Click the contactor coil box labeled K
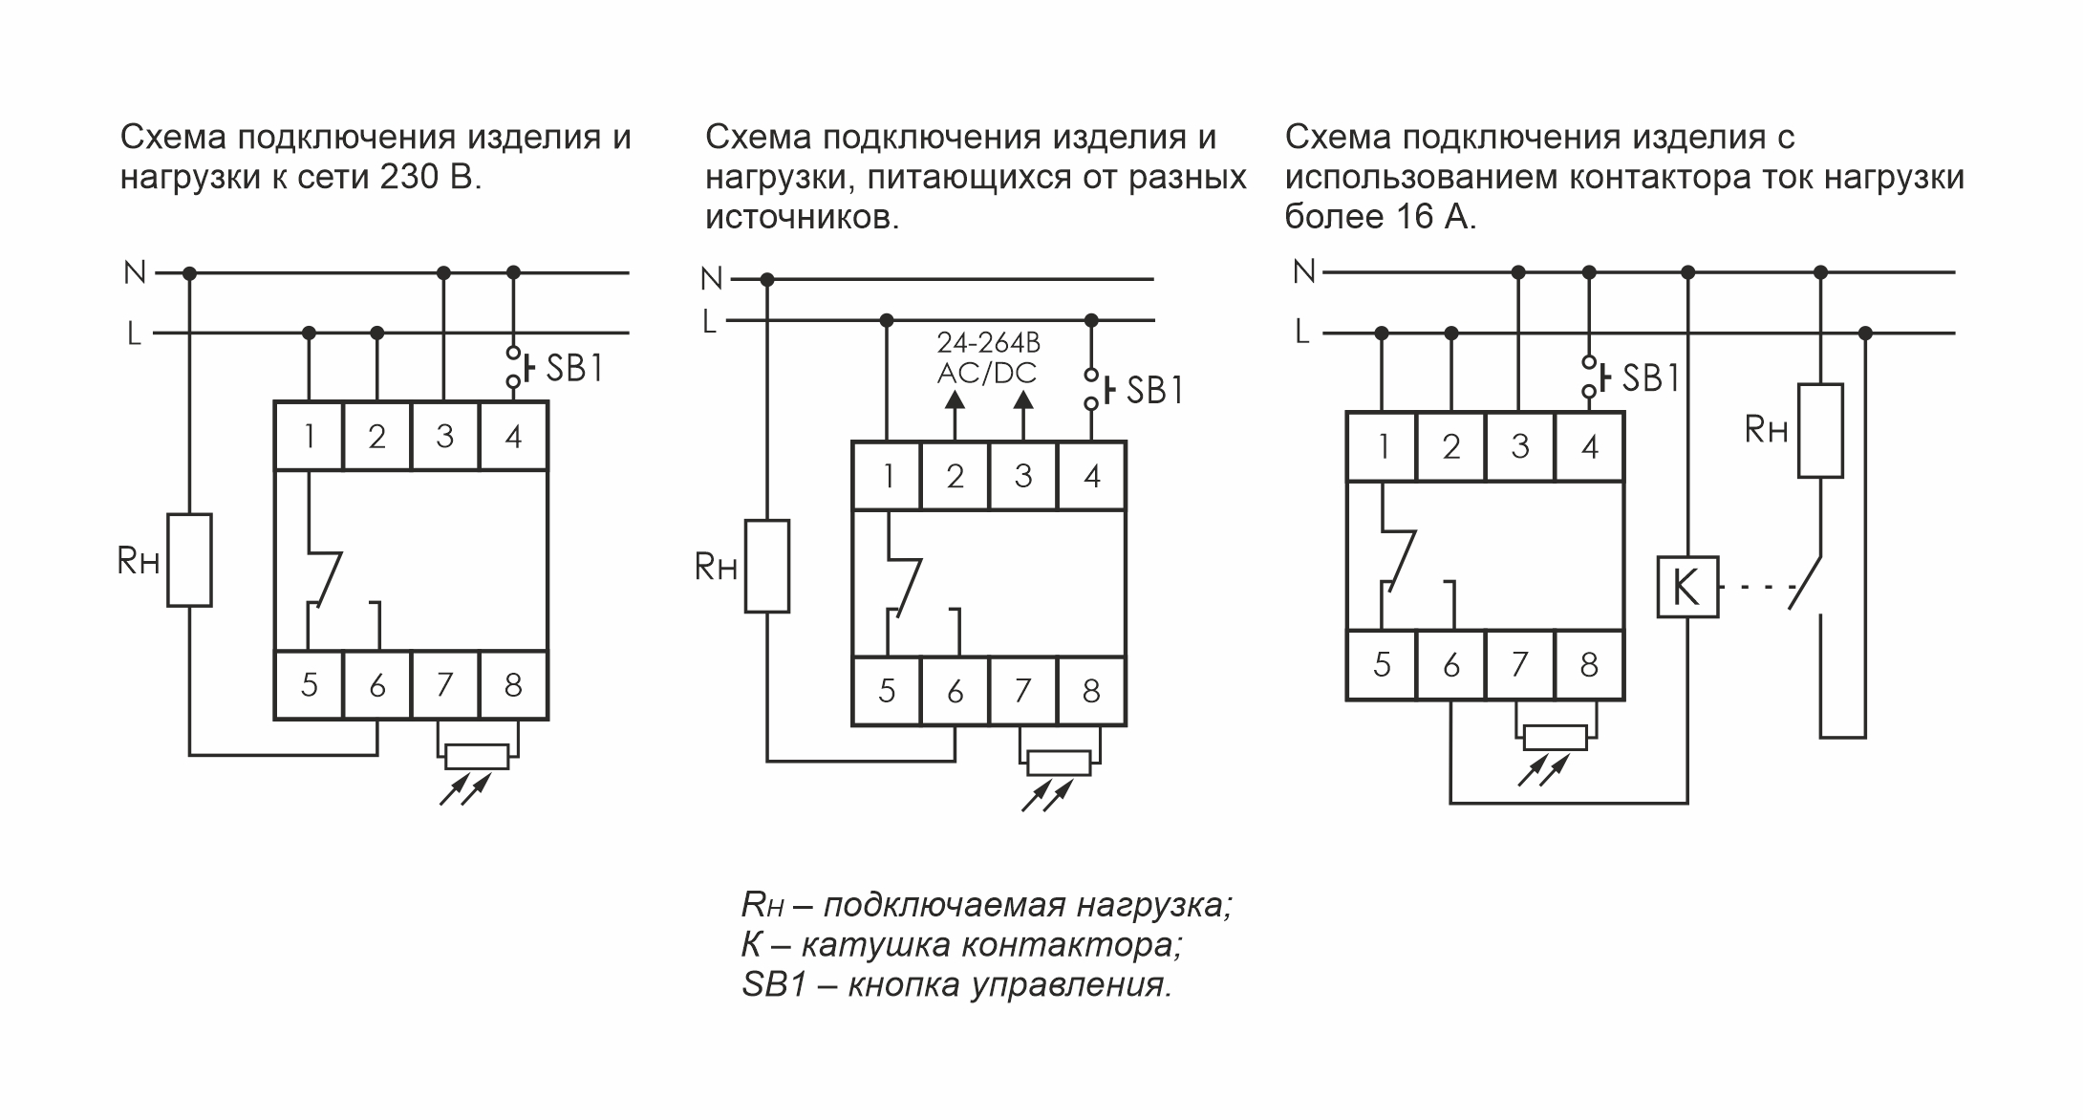point(1687,587)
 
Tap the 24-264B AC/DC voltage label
point(988,358)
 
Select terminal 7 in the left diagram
point(444,685)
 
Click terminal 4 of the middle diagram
point(1092,475)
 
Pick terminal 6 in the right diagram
point(1451,665)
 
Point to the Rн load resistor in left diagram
point(189,560)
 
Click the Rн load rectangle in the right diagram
point(1820,430)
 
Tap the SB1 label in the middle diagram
point(1154,390)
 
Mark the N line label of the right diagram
point(1303,272)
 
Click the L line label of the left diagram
point(135,334)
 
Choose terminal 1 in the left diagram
point(309,437)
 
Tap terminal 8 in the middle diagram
point(1091,691)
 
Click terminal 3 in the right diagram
point(1520,446)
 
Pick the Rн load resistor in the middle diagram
point(767,566)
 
